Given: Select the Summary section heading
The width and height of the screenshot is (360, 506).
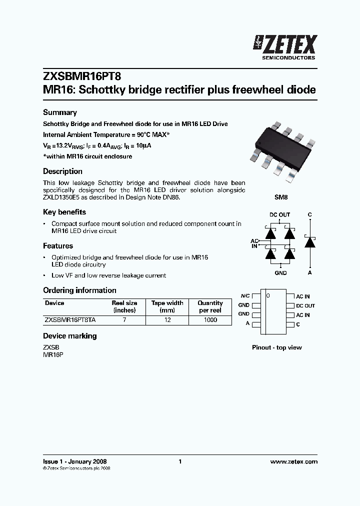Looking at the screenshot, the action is tap(60, 112).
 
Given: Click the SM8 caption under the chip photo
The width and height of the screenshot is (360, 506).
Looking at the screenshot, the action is tap(281, 197).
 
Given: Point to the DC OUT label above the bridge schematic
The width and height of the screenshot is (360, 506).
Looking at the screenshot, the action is tap(280, 215).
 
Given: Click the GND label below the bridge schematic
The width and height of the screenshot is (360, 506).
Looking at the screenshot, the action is tap(280, 273).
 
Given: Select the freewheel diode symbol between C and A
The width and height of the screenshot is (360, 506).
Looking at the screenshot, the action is tap(310, 242).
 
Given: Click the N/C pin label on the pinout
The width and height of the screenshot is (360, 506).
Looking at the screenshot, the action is tap(244, 296).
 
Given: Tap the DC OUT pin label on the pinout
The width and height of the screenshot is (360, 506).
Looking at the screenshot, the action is tap(305, 305).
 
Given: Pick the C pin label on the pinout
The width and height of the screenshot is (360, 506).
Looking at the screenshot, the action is tap(298, 324).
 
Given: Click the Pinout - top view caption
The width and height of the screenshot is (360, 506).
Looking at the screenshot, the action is tap(276, 347).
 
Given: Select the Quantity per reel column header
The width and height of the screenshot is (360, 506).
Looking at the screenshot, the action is tap(210, 306).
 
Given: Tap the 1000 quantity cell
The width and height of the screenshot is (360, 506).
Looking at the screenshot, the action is tap(210, 320).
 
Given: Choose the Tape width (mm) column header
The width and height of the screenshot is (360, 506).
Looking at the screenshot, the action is tap(167, 306).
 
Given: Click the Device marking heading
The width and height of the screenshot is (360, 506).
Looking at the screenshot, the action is tap(70, 336).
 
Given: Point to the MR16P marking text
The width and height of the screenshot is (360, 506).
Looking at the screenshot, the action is tap(53, 354).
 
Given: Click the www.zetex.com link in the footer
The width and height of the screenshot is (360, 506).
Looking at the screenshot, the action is tap(293, 461).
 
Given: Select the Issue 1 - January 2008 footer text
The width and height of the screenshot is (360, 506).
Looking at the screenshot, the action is tap(75, 461).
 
